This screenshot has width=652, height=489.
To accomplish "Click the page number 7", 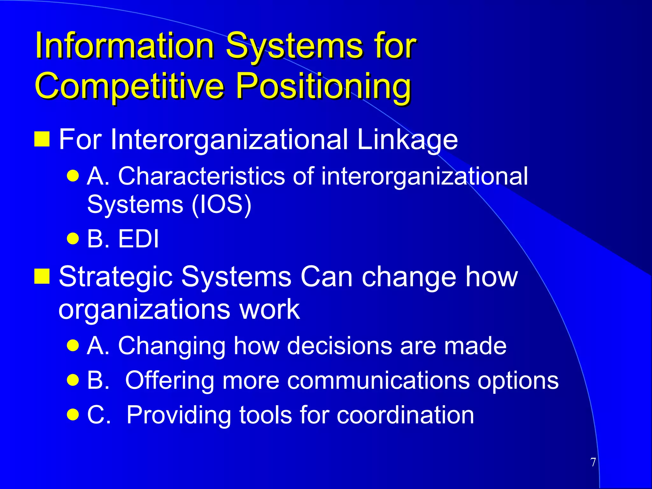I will click(x=593, y=462).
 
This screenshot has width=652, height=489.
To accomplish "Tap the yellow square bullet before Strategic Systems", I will click(x=42, y=276).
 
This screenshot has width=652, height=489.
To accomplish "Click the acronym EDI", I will click(x=138, y=239).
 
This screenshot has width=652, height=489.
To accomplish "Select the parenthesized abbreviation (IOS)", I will click(x=222, y=204).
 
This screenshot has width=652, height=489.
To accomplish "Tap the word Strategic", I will click(x=116, y=276).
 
